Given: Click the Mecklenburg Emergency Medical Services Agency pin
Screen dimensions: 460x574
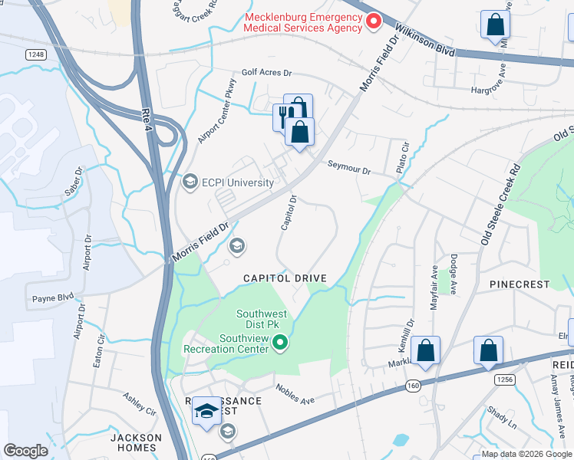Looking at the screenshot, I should pos(374,21).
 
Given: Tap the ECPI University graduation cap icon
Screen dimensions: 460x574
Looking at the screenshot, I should pos(190,182).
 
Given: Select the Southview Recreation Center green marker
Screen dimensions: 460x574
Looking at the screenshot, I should pos(281,343).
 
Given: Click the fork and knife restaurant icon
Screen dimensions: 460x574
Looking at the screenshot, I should pos(283,117).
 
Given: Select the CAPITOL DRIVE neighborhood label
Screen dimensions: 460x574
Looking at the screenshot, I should pos(285,278).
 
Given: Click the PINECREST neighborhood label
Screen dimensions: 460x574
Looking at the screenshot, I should pos(520,284).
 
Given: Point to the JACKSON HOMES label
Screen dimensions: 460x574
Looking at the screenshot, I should pos(136,442).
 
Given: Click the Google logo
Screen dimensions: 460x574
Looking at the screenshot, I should pos(26,451).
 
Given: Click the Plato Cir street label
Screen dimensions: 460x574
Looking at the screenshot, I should pos(403,156).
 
